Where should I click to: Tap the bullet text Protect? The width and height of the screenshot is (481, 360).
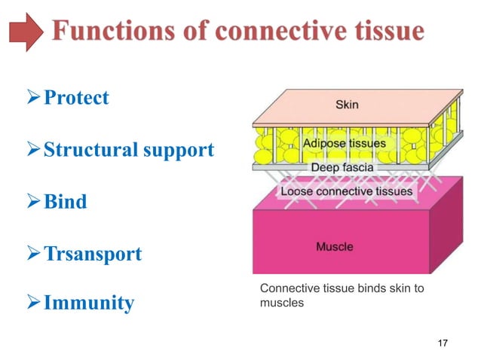(76, 99)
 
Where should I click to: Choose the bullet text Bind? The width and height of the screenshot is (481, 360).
(65, 202)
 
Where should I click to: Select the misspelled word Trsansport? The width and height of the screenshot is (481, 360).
(93, 254)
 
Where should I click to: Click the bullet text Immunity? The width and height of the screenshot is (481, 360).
(89, 304)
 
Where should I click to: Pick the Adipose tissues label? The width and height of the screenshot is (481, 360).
(345, 142)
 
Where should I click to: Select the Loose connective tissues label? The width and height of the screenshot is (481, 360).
(346, 191)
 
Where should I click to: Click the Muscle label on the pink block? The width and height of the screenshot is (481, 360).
(333, 246)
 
